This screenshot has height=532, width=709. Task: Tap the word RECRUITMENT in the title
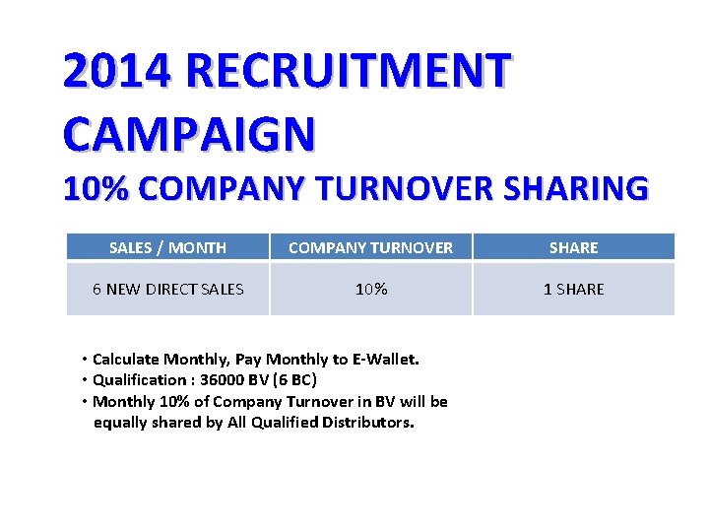348,71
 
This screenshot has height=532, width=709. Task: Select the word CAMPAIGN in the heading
189,133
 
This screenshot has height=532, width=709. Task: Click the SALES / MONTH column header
167,247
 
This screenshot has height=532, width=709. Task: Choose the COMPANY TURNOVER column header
371,247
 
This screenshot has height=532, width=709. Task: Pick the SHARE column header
574,247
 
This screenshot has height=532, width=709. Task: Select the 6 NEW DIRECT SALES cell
167,289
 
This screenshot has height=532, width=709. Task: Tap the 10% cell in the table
371,289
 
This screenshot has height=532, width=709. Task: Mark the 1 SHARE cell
574,289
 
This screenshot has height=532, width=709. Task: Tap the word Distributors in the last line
368,423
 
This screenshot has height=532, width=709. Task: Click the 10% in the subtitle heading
97,188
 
